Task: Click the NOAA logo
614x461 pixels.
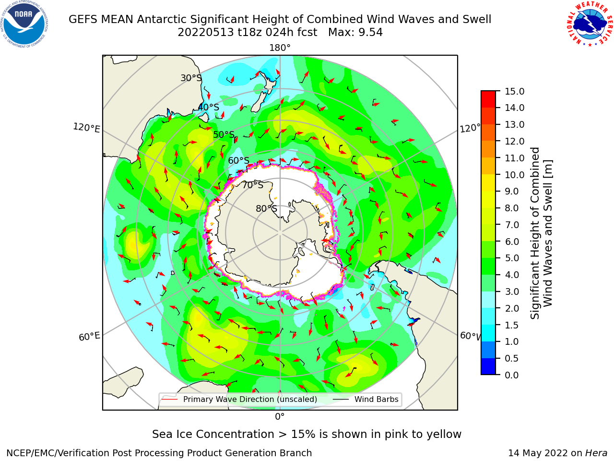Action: [24, 24]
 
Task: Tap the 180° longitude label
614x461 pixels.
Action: [280, 48]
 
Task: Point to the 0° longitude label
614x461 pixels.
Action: [280, 417]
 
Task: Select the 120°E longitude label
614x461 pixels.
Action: [86, 128]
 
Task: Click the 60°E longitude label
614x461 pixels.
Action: [89, 336]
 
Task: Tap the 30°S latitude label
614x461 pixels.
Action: [191, 78]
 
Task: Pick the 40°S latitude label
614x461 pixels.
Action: [209, 107]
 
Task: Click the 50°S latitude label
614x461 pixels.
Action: [224, 134]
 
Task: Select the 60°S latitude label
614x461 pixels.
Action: [238, 161]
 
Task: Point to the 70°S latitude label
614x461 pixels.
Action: [253, 185]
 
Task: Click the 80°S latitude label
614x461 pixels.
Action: [267, 209]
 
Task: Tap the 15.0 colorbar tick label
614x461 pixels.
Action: [514, 91]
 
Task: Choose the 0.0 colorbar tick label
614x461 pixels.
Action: [512, 375]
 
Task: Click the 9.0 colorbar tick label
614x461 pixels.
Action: [512, 192]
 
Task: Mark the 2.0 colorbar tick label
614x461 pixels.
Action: [512, 308]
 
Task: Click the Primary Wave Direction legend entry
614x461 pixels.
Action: [239, 399]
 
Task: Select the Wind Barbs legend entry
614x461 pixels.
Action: [365, 399]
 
